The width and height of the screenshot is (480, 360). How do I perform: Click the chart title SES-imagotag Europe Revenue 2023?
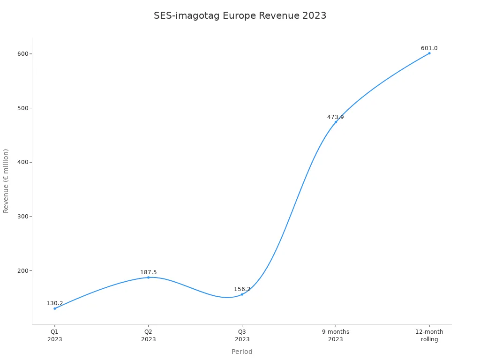240,15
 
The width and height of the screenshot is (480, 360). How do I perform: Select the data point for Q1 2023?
54,308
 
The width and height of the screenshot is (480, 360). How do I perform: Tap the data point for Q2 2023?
148,277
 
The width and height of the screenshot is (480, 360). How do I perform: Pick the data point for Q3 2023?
242,294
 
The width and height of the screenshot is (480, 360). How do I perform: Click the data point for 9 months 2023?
336,122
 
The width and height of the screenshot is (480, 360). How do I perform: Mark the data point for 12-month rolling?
429,53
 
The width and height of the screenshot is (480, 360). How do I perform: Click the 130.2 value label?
54,303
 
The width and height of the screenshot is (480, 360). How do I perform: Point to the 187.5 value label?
148,272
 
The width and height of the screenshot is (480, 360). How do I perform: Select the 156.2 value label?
242,289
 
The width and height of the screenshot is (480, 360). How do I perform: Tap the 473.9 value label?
336,117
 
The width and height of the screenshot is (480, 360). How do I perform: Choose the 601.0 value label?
429,48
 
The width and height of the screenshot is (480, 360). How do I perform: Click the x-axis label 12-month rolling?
429,336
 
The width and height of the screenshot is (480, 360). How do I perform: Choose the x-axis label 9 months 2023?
336,336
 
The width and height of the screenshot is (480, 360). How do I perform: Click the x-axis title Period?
242,352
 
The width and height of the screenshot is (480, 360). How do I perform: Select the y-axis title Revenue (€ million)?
6,181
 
